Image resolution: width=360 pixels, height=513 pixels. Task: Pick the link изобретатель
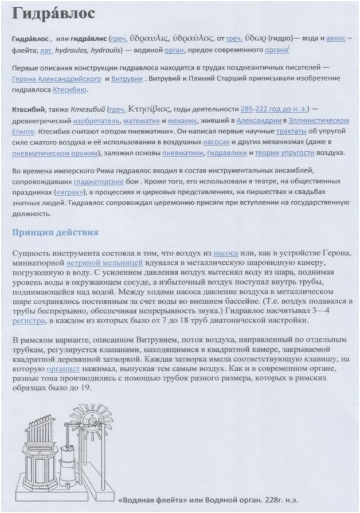[x=95, y=121]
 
